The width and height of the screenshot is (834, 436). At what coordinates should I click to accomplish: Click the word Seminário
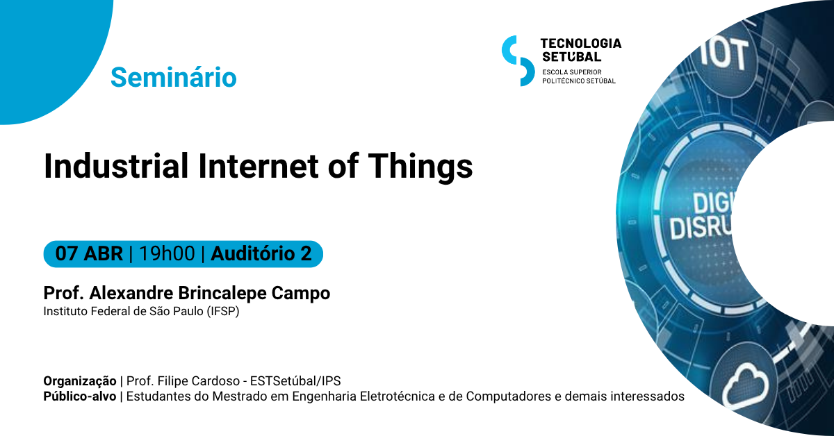pyautogui.click(x=174, y=77)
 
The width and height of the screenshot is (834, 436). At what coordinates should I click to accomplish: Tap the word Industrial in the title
pyautogui.click(x=116, y=166)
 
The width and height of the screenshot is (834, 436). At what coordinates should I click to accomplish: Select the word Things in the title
pyautogui.click(x=420, y=167)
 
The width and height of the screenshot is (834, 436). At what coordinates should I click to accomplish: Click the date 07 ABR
pyautogui.click(x=89, y=253)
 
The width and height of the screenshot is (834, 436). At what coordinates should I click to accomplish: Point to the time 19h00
pyautogui.click(x=167, y=253)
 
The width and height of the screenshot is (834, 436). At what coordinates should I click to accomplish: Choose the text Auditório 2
pyautogui.click(x=261, y=253)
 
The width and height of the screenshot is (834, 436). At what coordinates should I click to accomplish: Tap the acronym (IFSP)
pyautogui.click(x=223, y=311)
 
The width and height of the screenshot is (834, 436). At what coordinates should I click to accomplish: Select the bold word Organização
pyautogui.click(x=80, y=381)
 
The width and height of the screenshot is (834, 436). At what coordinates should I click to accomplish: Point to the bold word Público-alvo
pyautogui.click(x=80, y=396)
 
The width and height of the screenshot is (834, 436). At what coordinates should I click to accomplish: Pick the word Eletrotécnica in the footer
pyautogui.click(x=398, y=396)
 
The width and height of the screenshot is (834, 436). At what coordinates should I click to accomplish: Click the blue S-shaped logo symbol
pyautogui.click(x=518, y=60)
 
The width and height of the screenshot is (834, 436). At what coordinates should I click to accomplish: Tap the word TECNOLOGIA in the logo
pyautogui.click(x=581, y=44)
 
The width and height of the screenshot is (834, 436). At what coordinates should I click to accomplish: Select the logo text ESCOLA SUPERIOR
pyautogui.click(x=572, y=72)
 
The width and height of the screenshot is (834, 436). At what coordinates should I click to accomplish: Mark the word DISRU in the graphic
pyautogui.click(x=701, y=227)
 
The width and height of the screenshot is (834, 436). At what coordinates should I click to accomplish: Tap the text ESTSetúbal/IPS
pyautogui.click(x=295, y=381)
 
